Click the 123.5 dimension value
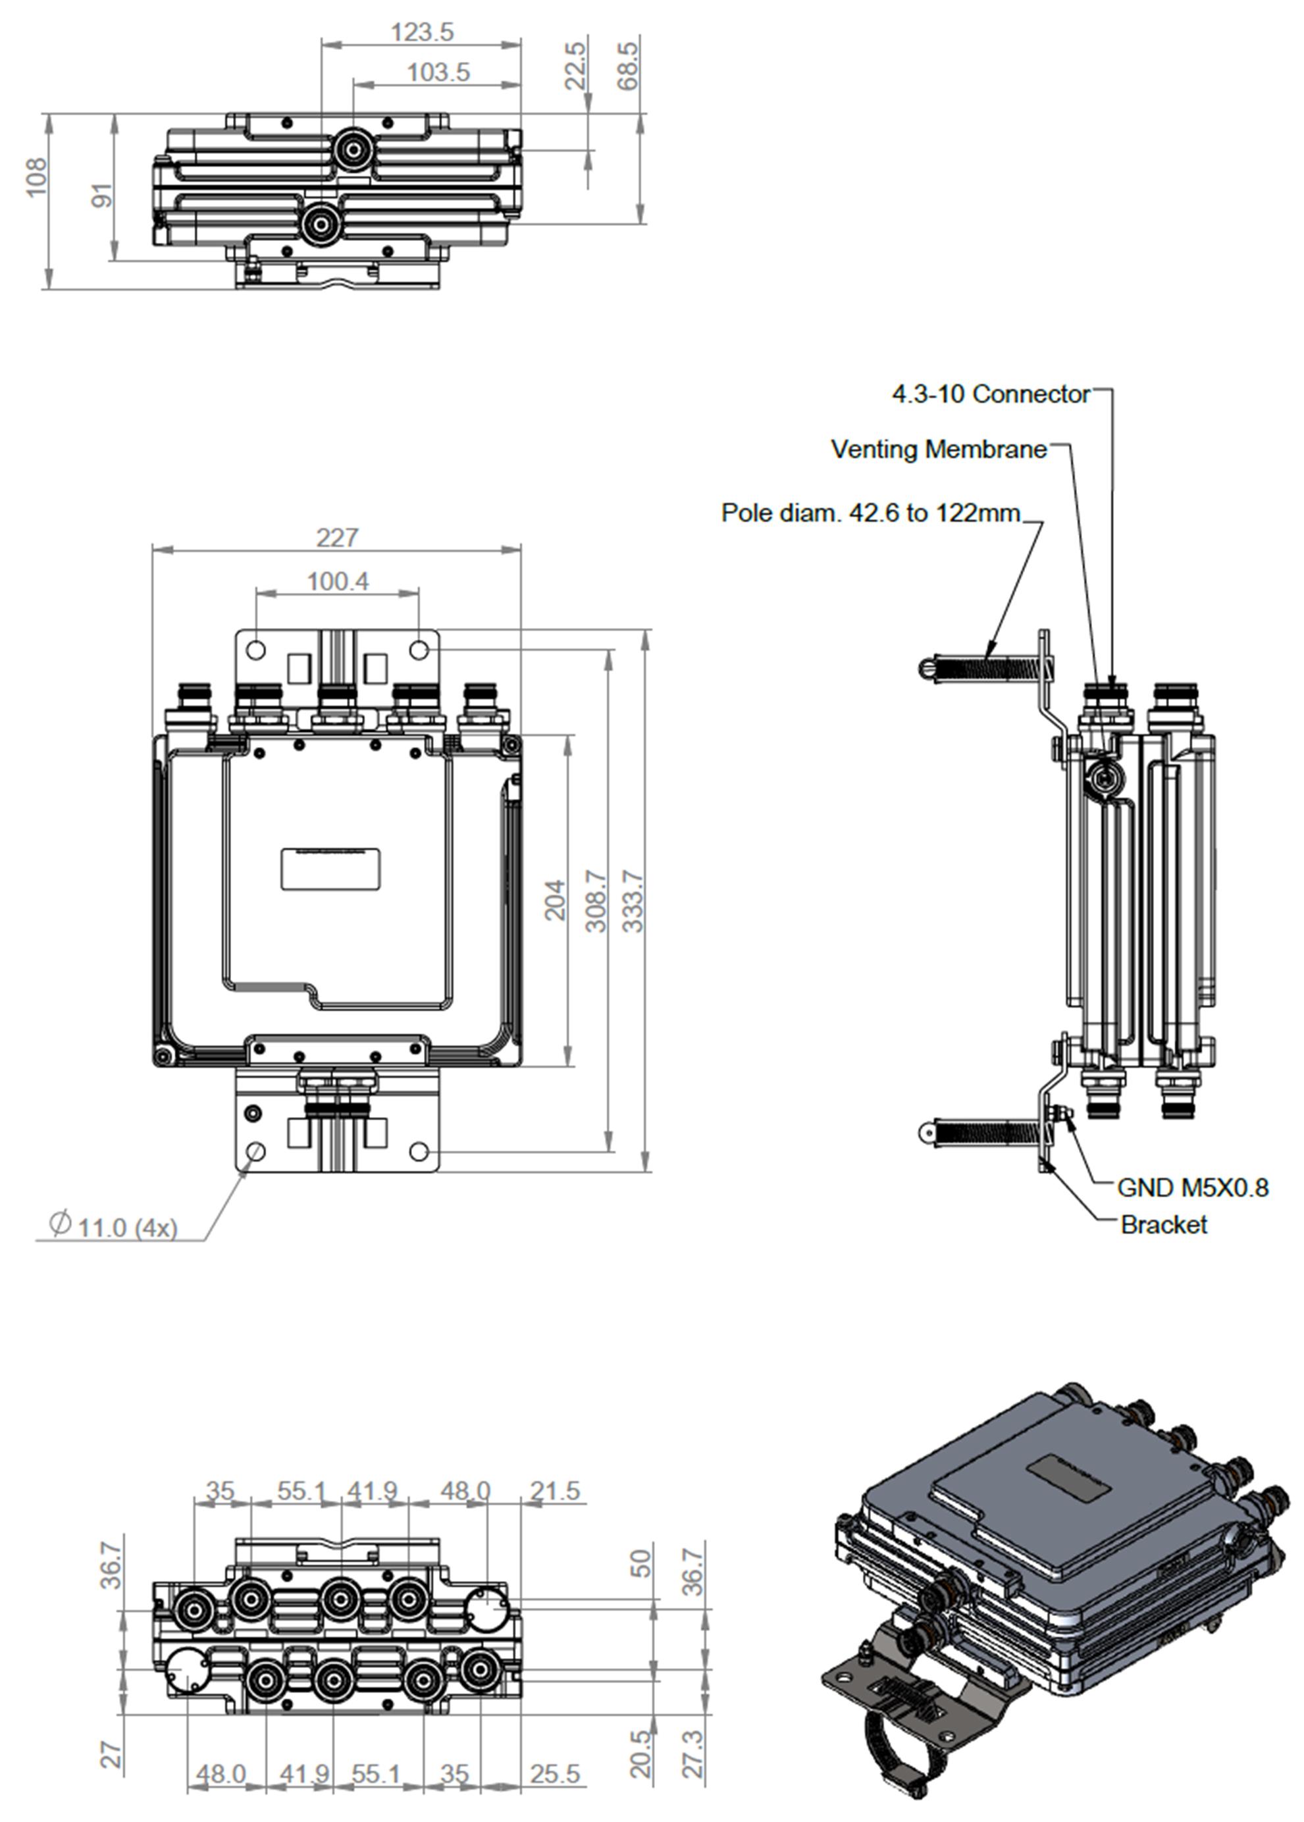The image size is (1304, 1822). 421,32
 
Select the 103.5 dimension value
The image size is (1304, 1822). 438,72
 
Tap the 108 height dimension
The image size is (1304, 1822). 36,176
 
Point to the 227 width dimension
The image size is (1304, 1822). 336,536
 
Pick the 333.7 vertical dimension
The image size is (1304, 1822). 633,901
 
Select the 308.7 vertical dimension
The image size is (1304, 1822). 596,901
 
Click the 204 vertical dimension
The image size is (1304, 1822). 555,900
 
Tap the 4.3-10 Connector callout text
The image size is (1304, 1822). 991,394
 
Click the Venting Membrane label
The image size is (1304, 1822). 939,449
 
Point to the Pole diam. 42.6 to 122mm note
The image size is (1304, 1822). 870,512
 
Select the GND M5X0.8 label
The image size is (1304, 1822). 1192,1187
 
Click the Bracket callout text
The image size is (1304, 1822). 1164,1224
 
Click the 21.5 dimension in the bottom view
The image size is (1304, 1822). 554,1490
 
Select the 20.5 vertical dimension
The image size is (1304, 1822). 640,1754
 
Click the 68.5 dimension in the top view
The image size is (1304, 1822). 629,66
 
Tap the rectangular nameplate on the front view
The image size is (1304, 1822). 330,868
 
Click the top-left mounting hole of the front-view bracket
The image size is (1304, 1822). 255,650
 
